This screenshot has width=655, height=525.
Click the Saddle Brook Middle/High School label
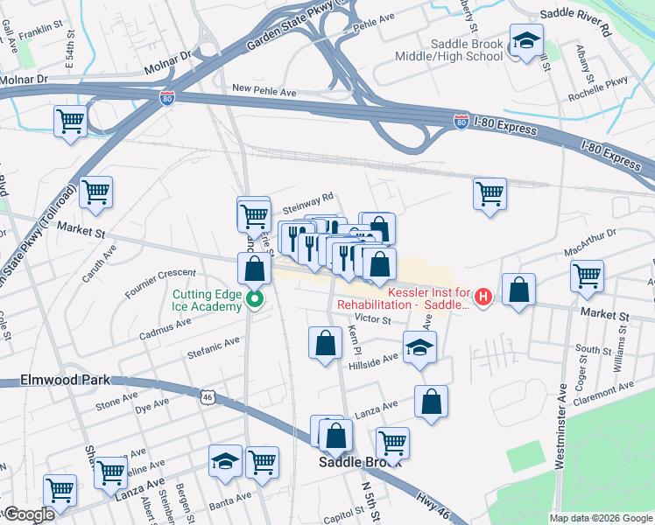467,50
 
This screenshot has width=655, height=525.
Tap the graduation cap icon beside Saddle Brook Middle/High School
526,40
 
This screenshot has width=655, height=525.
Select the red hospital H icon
482,298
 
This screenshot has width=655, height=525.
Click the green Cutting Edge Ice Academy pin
255,301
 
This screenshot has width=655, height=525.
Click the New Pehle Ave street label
264,89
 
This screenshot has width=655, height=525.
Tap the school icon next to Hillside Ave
419,347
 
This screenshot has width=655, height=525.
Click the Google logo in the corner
29,514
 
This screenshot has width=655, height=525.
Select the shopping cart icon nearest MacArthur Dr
587,276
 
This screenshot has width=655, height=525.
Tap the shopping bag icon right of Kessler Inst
519,290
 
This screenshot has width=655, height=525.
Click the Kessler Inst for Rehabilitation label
423,292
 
